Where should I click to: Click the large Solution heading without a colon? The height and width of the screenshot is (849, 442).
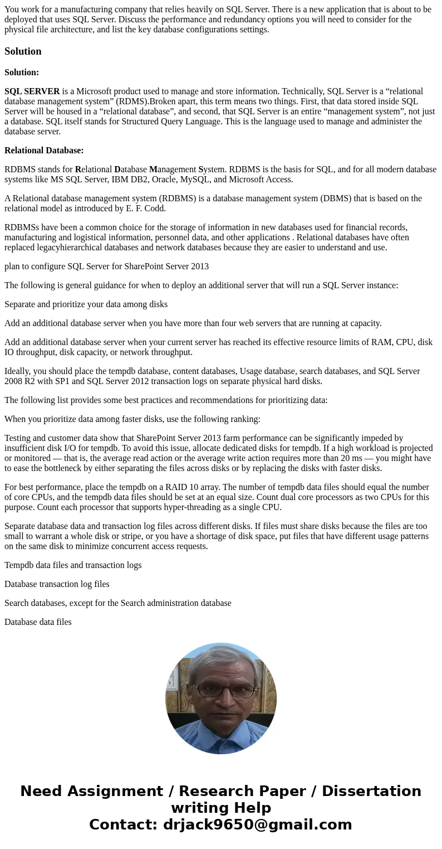(23, 51)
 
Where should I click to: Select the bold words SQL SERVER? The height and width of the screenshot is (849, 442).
(32, 91)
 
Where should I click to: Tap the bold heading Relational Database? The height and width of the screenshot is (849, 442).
(44, 151)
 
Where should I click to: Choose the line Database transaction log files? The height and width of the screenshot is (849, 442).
(57, 584)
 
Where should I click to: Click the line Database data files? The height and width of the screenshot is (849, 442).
(38, 622)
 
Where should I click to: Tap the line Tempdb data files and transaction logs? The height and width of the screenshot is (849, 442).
(73, 565)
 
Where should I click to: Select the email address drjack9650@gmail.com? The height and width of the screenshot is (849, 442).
(257, 824)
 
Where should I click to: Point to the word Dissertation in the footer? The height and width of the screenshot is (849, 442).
(371, 791)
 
